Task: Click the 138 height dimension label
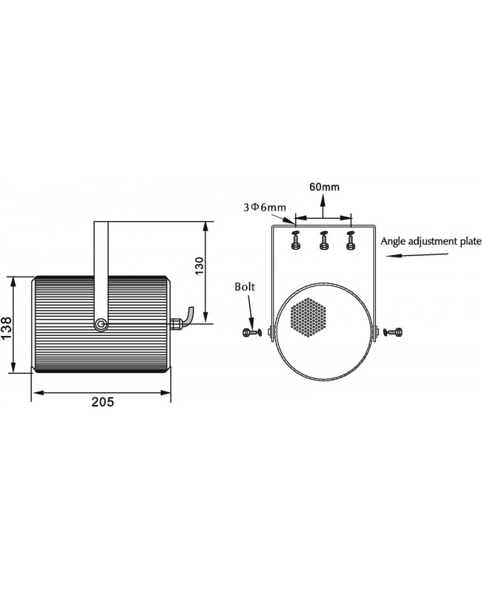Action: tap(7, 329)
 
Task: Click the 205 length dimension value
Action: tap(103, 402)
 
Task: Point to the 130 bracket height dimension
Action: tap(199, 266)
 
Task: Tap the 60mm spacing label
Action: tap(324, 187)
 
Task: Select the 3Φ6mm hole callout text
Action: tap(265, 207)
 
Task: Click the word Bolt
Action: tap(245, 286)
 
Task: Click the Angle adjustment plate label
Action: tap(431, 241)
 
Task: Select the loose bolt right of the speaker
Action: tap(394, 332)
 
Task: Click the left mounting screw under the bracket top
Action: tap(295, 240)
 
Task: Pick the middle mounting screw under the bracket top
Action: tap(323, 240)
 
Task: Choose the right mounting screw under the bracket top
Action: tap(351, 240)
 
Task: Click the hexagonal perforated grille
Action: tap(309, 317)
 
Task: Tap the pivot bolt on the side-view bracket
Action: tap(101, 323)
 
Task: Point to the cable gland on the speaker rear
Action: tap(176, 323)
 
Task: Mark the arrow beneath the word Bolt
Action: tap(251, 312)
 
